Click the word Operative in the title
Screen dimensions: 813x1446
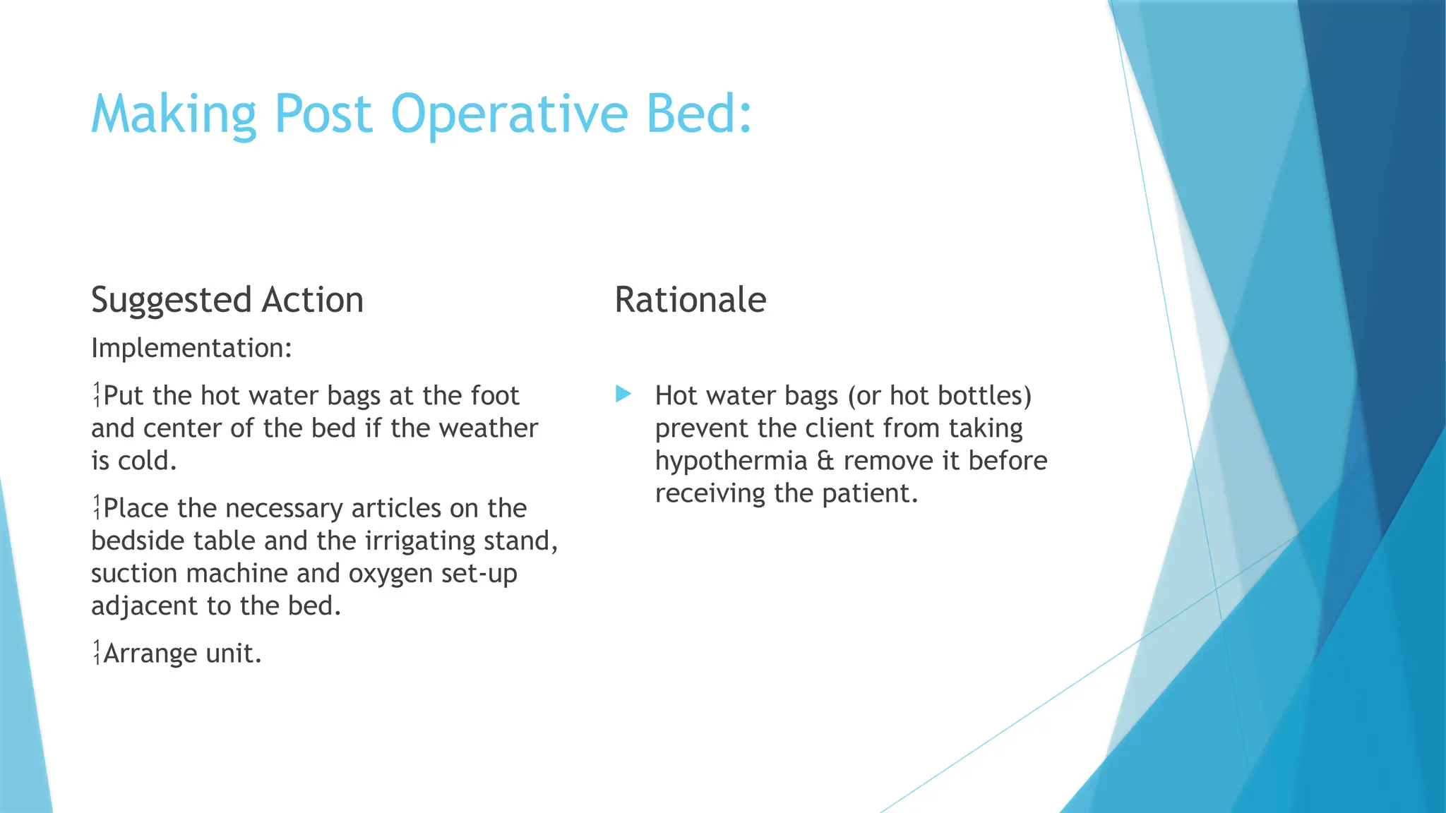(508, 114)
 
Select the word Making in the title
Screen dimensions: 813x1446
(173, 114)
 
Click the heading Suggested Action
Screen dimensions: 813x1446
(227, 301)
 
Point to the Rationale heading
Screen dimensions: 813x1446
(690, 299)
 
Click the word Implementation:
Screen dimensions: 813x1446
(191, 348)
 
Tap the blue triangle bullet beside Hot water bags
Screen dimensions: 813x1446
(623, 394)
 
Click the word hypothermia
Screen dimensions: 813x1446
(731, 461)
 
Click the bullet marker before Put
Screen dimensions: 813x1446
(97, 395)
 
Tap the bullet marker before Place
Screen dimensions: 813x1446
(97, 508)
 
